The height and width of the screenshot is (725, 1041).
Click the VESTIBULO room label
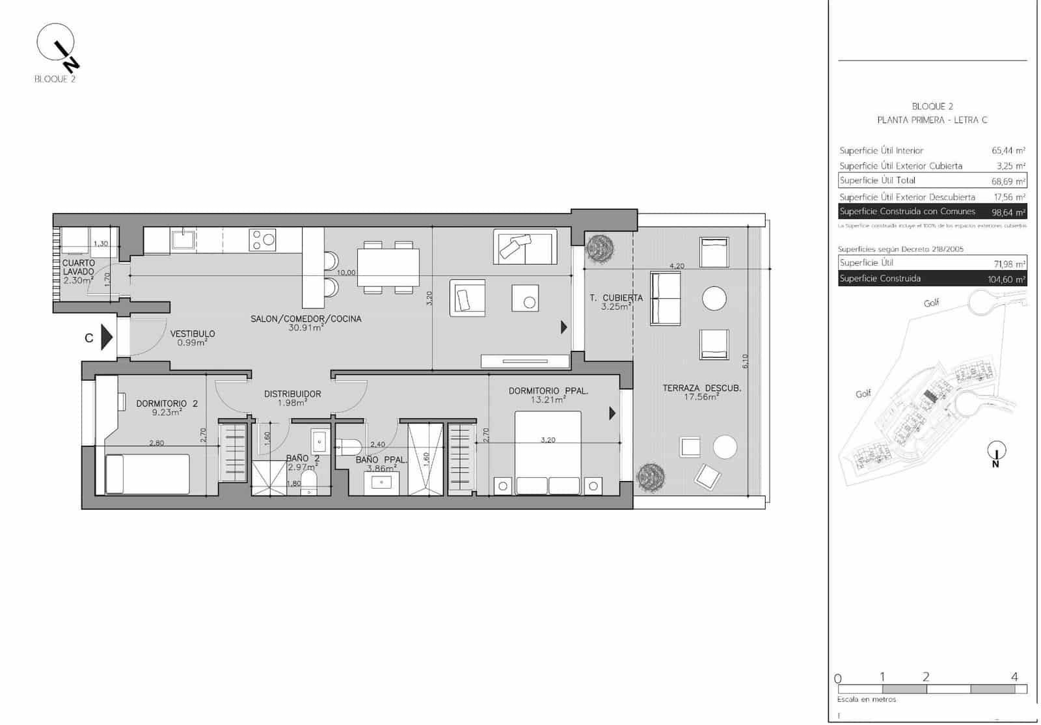tap(193, 334)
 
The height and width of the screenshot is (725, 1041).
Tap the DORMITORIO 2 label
tap(167, 404)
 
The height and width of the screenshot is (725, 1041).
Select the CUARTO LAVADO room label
tap(78, 267)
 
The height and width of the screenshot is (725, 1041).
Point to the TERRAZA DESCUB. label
tap(701, 388)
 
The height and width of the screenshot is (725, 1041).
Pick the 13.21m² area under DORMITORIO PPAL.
tap(548, 400)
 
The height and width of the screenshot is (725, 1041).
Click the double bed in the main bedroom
tap(547, 452)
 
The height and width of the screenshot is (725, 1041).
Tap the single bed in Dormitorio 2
tap(148, 474)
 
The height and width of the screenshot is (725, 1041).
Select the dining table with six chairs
tap(388, 267)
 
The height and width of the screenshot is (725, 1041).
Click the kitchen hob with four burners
tap(262, 239)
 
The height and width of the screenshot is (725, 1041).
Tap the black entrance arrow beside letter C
tap(107, 338)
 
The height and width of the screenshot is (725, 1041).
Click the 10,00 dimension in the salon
tap(346, 273)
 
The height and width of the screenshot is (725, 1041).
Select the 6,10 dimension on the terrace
tap(745, 361)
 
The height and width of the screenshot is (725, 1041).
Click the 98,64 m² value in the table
tap(1008, 212)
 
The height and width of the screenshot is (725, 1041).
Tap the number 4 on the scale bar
tap(1014, 677)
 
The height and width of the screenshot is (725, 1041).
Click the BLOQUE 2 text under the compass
tap(55, 79)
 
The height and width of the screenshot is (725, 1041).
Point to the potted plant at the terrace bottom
tap(651, 477)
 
